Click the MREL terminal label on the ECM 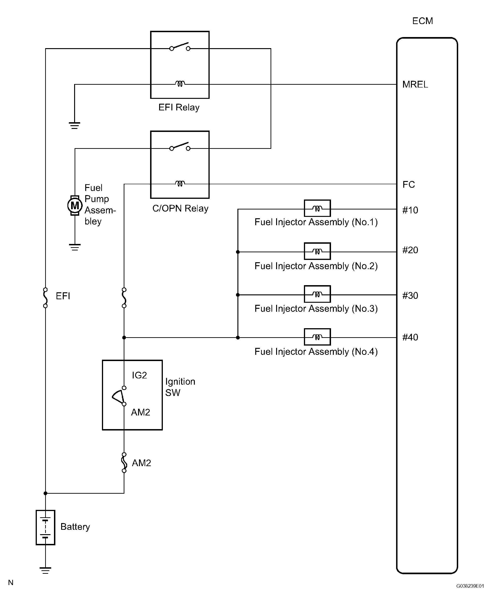(x=415, y=84)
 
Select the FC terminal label (x=409, y=185)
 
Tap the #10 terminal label (x=410, y=210)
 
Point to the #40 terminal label (x=410, y=337)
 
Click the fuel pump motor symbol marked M (x=75, y=205)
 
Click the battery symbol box (x=45, y=527)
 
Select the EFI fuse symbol (x=45, y=298)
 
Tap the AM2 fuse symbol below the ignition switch (x=124, y=463)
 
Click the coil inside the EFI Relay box (x=180, y=84)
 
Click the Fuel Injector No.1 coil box (x=317, y=208)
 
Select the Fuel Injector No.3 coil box (x=317, y=294)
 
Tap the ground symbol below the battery (x=45, y=571)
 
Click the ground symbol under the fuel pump (x=75, y=247)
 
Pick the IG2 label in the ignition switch (x=139, y=375)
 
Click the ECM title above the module (x=423, y=21)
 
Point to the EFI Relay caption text (x=179, y=107)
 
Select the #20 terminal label (x=410, y=250)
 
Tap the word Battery (x=75, y=527)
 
